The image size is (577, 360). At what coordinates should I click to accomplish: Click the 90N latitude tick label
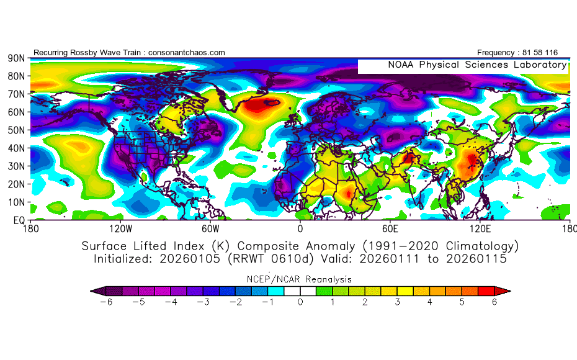point(16,58)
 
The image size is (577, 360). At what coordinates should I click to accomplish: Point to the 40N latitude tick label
point(16,148)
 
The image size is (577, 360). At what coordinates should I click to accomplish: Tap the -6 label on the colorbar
point(109,302)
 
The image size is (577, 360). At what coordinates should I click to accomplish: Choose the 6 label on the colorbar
point(494,302)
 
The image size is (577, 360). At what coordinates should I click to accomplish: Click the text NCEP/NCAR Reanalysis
point(300,279)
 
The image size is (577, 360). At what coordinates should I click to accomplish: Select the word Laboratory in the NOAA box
point(539,65)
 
